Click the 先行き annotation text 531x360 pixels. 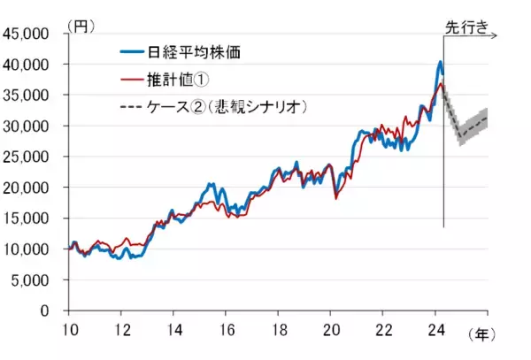[x=466, y=27]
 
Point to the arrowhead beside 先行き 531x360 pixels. [x=498, y=36]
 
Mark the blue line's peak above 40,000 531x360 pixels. [x=441, y=62]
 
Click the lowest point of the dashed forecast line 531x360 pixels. [x=460, y=137]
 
